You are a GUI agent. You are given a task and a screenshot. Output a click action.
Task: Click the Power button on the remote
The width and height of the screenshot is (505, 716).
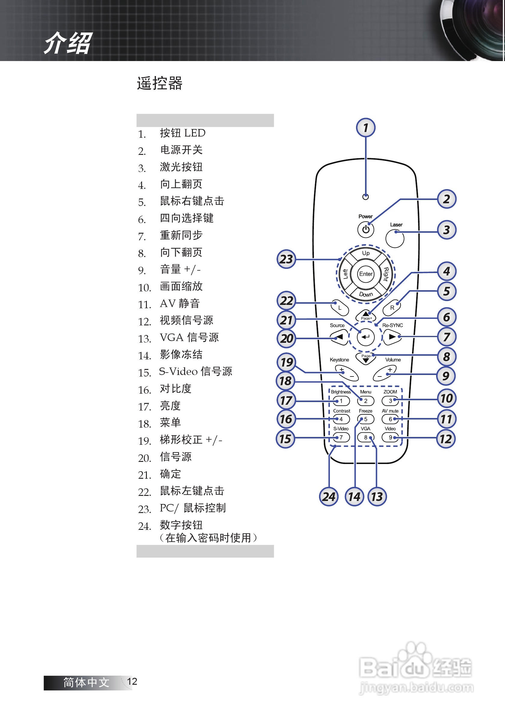pos(365,229)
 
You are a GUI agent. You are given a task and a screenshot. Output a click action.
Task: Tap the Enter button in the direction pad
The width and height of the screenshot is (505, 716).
pos(366,274)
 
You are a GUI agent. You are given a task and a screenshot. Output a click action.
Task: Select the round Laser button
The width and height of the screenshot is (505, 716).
pos(395,238)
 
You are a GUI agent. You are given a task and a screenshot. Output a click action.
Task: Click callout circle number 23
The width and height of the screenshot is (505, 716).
pos(286,259)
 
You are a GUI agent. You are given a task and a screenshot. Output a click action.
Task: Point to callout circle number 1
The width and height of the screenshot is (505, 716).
pos(365,128)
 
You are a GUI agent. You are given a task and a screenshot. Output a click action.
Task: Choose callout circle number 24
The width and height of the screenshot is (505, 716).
pos(329,496)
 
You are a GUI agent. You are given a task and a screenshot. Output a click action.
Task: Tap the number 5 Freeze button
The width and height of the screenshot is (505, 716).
pos(366,419)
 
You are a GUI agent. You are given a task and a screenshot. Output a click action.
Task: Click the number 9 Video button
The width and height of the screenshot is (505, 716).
pos(390,438)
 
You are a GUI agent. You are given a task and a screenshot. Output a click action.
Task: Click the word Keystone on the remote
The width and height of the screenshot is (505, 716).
pos(339,360)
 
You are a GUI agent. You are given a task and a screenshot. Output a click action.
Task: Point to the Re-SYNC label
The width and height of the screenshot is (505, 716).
pos(392,325)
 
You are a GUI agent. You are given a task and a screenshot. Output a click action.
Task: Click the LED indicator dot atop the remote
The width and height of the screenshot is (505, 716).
pos(365,197)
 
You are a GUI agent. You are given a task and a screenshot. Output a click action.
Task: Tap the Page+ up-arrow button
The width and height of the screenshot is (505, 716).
pos(365,315)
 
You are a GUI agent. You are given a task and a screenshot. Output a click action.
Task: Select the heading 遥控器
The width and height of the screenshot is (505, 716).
pos(160,83)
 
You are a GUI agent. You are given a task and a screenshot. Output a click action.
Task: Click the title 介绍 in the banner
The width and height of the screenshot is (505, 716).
pos(68,43)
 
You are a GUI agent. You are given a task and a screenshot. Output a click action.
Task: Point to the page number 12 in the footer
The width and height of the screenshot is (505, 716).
pos(132,681)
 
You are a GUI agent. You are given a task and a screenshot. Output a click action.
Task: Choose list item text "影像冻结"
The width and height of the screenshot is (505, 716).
pos(181,355)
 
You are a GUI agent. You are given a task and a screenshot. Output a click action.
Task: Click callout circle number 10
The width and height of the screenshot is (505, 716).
pos(446,398)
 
